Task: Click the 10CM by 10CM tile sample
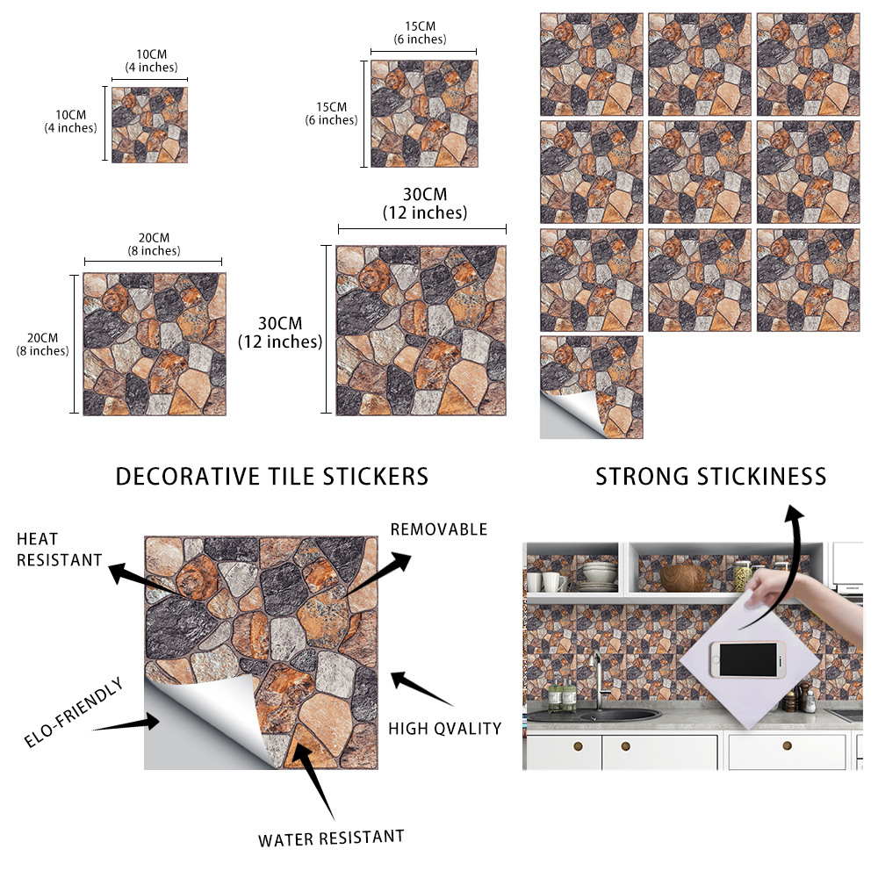tap(149, 125)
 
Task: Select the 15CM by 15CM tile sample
tap(424, 113)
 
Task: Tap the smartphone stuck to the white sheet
tap(747, 659)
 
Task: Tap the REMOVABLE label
tap(439, 529)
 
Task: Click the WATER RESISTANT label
tap(331, 838)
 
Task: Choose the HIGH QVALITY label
tap(445, 729)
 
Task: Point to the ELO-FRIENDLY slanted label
tap(74, 712)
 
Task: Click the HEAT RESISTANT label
tap(60, 550)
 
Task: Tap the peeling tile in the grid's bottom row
tap(591, 387)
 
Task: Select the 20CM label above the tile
tap(154, 238)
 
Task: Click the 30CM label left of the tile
tap(280, 323)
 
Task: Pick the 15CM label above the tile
tap(420, 26)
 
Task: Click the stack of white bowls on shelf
tap(599, 577)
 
